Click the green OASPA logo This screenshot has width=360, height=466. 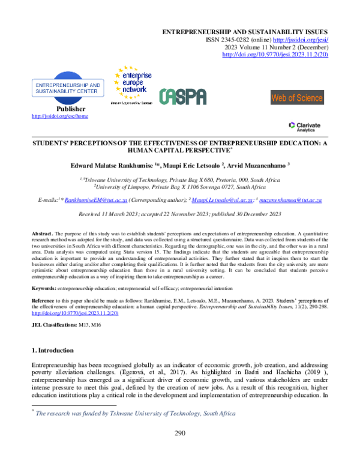pos(182,97)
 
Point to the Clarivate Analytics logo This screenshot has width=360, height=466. pos(304,126)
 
